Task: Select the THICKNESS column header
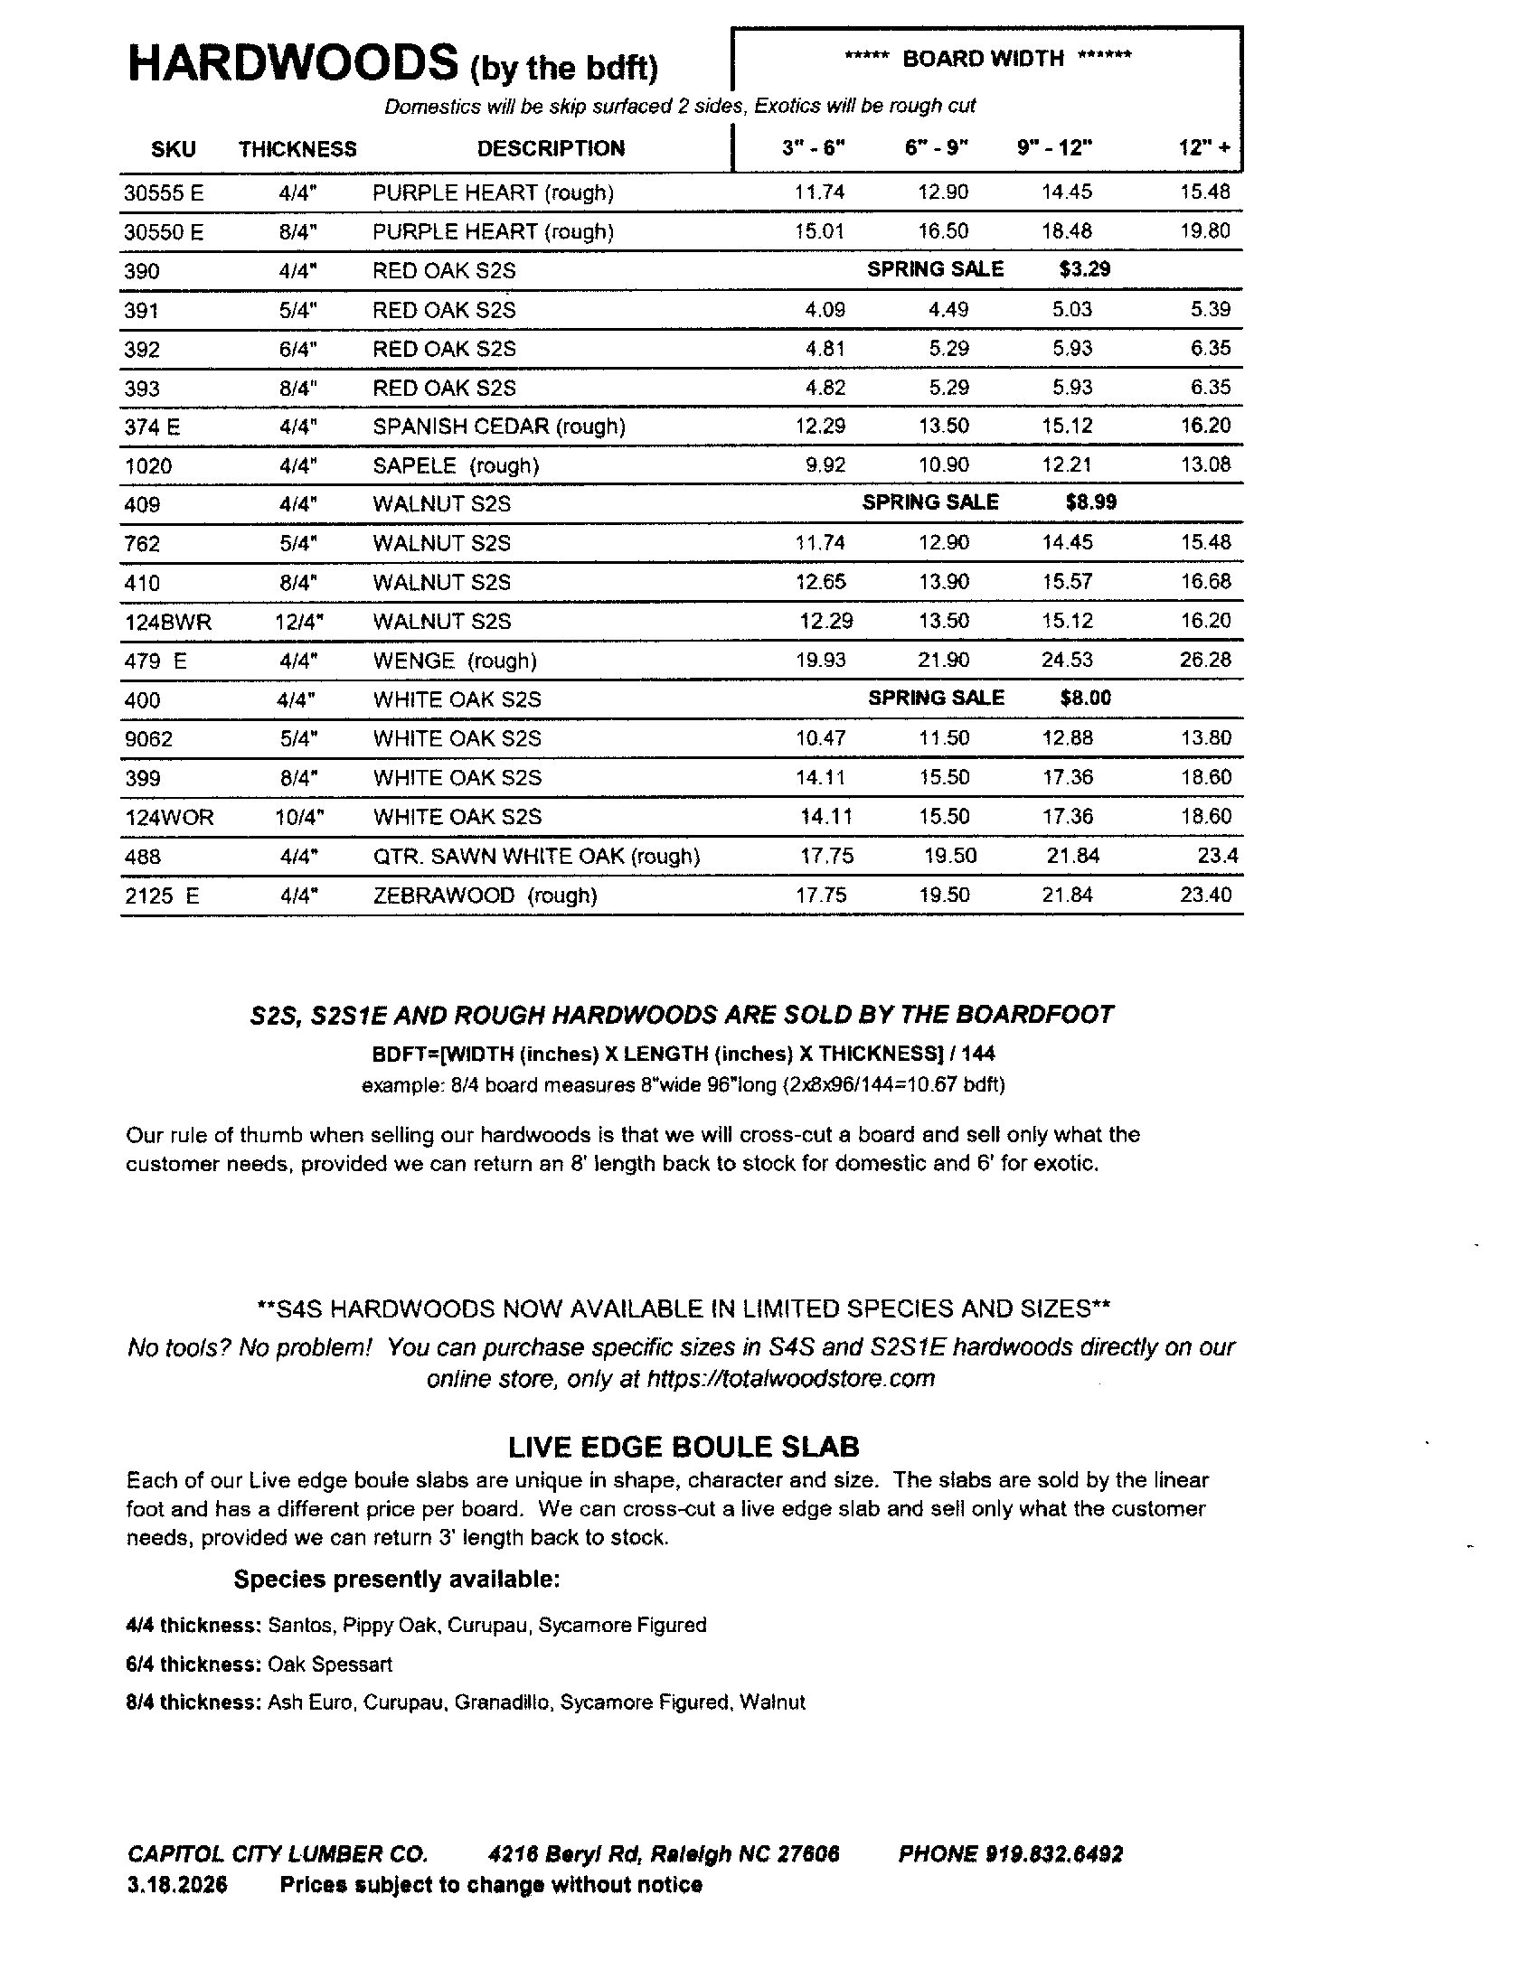297,149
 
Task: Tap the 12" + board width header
1203,148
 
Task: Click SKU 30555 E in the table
164,193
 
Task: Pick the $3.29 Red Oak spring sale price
1084,269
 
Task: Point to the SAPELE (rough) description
456,466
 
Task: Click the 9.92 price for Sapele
825,465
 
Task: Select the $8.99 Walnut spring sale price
1090,502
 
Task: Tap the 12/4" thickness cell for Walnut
299,622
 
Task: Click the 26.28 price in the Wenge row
1204,660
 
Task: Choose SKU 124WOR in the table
169,818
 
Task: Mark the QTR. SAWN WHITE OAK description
535,857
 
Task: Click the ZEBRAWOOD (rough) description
485,896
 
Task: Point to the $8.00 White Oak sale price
1085,699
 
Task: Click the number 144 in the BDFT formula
978,1054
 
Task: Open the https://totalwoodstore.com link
790,1379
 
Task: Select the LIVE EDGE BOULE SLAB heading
683,1448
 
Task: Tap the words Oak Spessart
330,1664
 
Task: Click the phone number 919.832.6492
1053,1854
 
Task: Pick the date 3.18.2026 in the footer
176,1885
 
